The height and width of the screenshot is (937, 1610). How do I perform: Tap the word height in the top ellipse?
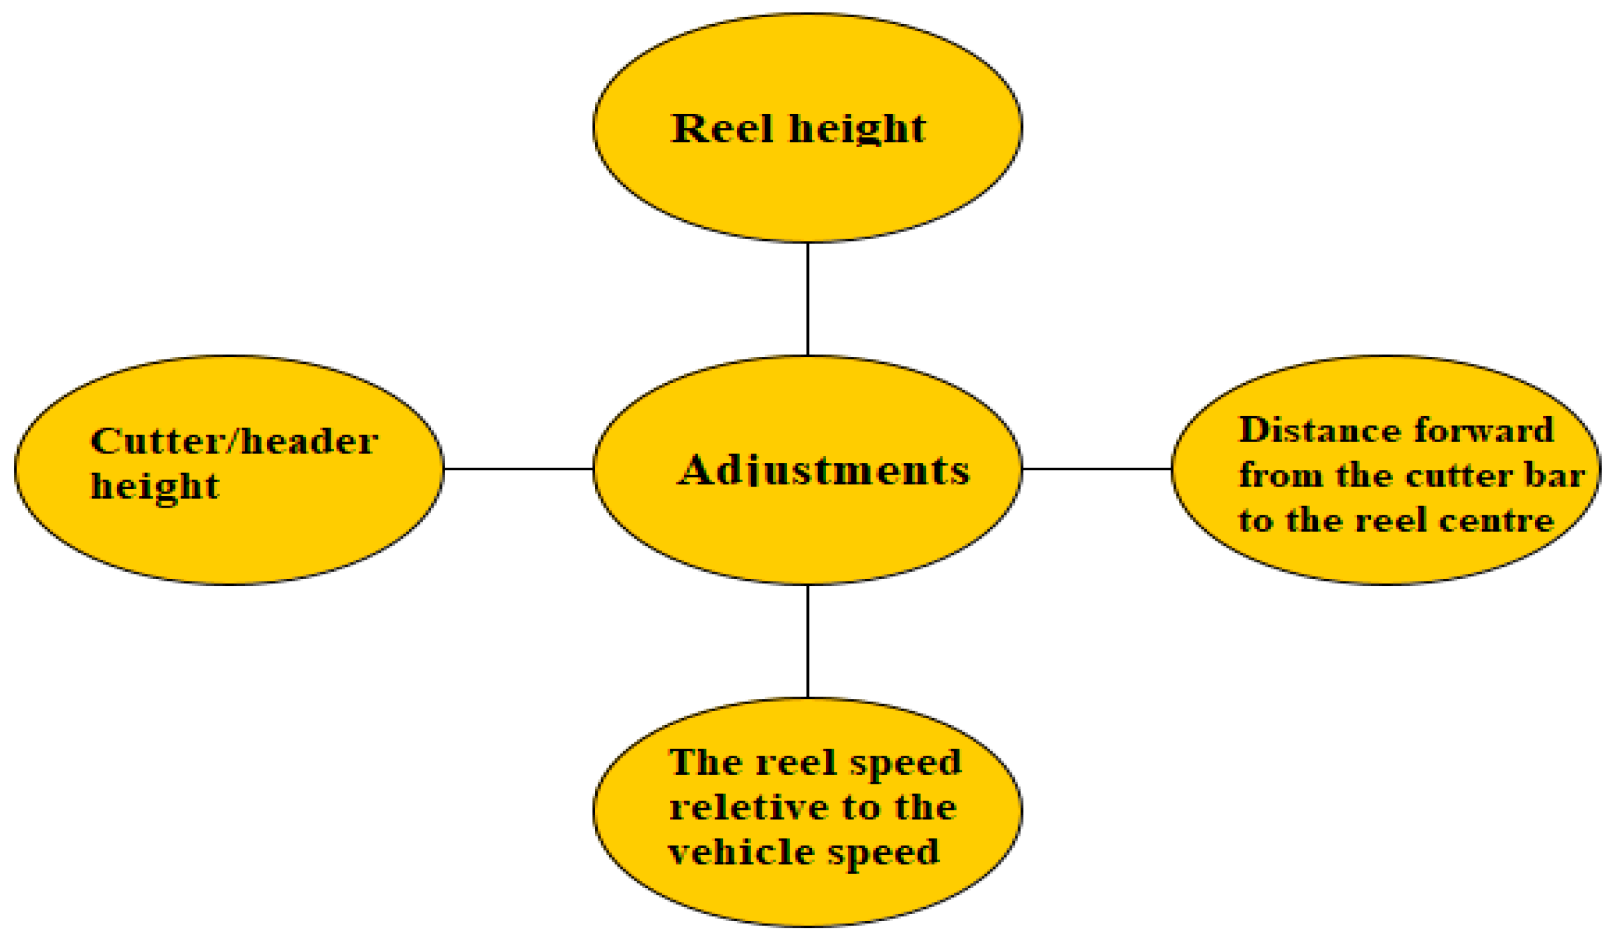pos(857,130)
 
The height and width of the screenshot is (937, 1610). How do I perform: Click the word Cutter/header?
pos(235,441)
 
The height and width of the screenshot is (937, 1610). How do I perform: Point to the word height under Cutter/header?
pos(155,487)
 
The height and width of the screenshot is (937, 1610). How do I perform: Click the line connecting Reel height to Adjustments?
pos(808,298)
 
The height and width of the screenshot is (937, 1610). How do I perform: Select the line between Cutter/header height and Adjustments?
pos(518,469)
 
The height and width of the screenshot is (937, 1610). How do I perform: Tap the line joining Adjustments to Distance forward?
pos(1096,469)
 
